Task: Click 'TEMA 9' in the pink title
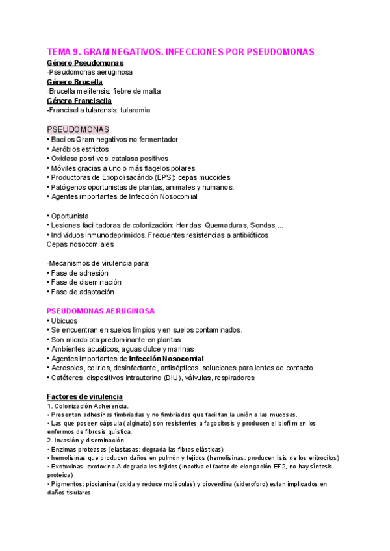click(64, 51)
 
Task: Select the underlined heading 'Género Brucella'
click(75, 82)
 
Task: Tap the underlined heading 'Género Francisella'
click(79, 101)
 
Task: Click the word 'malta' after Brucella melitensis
click(149, 91)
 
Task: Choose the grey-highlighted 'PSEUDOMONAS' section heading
click(78, 129)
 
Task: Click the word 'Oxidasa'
click(65, 158)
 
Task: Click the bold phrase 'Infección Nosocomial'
click(166, 359)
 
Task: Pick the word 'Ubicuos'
click(65, 320)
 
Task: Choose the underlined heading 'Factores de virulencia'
click(84, 396)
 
